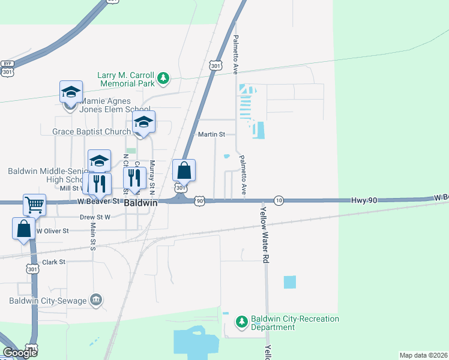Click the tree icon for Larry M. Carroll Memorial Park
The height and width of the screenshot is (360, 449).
[163, 78]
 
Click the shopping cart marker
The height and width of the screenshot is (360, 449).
[34, 205]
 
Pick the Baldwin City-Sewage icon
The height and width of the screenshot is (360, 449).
[96, 299]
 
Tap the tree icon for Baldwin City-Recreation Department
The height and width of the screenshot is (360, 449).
[242, 322]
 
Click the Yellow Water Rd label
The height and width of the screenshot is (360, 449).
[264, 234]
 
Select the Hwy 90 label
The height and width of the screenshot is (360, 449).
[364, 199]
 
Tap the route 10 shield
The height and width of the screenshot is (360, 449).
[279, 200]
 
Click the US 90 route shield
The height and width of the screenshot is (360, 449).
[199, 201]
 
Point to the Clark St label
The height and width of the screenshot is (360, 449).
[53, 262]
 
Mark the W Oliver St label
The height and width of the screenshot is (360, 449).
[52, 230]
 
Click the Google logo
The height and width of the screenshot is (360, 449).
[20, 353]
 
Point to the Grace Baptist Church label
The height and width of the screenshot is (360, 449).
[91, 131]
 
